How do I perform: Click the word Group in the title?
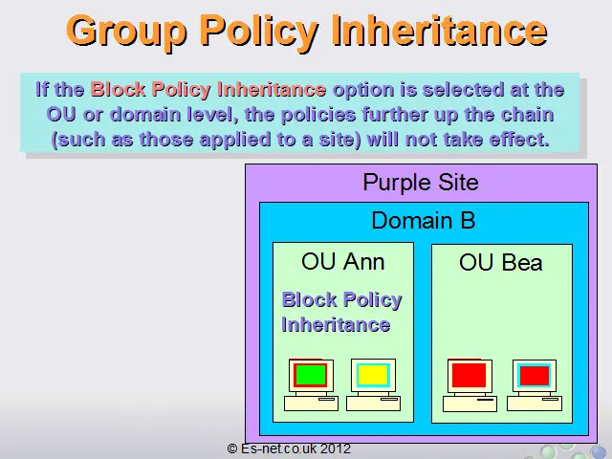coord(126,32)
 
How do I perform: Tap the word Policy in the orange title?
coord(259,32)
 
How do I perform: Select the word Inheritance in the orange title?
coord(440,30)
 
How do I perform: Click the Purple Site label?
coord(421,182)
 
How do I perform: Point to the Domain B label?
coord(424,220)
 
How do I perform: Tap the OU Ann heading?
coord(343,261)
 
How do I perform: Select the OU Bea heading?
coord(501,262)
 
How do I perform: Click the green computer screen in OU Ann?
coord(311,375)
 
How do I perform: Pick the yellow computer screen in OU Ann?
coord(373,375)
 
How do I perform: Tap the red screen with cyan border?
coord(535,376)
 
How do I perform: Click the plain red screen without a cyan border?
coord(470,376)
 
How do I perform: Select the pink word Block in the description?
coord(118,89)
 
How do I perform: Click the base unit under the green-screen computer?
coord(311,404)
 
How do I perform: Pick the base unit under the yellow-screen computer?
coord(374,404)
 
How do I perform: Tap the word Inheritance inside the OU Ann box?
coord(336,325)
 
